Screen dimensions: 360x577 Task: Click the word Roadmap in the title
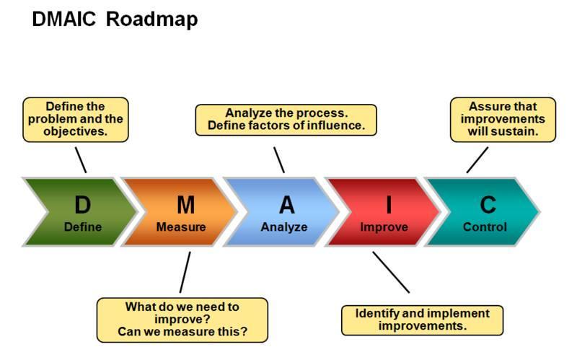[151, 20]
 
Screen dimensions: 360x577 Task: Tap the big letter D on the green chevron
[83, 206]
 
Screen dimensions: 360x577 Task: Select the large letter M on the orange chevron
[185, 206]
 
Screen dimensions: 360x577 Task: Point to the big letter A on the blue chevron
[287, 206]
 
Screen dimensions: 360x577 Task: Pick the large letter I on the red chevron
[388, 206]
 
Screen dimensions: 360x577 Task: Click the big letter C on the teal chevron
[488, 206]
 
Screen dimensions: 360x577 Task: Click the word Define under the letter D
[83, 227]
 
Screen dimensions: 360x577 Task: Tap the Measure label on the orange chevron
[181, 227]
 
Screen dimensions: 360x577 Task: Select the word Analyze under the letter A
[284, 227]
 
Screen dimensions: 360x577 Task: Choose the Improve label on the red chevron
[384, 227]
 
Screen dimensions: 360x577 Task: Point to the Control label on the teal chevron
[485, 227]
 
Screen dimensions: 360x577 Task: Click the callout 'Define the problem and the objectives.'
[75, 119]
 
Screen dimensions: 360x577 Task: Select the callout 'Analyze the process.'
[286, 120]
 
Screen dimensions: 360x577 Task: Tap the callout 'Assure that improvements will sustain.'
[503, 120]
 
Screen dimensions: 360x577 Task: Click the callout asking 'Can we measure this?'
[182, 320]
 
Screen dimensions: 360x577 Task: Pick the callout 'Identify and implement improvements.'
[422, 320]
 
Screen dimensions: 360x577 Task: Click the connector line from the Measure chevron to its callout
[185, 272]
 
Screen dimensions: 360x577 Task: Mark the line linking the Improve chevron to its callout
[391, 272]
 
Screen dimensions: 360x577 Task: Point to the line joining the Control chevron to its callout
[477, 159]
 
